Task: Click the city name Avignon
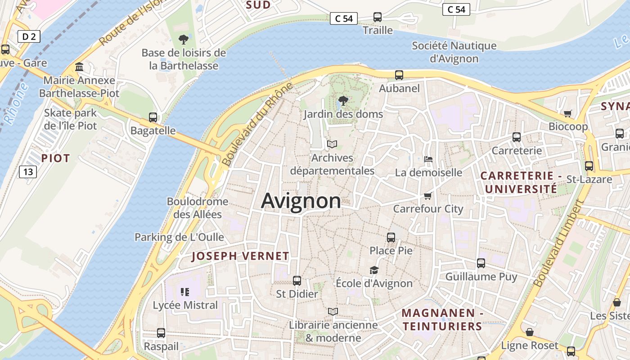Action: [301, 201]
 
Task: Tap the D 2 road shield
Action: [29, 36]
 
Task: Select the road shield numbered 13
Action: [28, 171]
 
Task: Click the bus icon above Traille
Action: [378, 17]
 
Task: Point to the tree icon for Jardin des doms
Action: [343, 101]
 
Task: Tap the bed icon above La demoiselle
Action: [428, 159]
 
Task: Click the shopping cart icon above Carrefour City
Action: [428, 196]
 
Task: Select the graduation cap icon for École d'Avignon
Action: [374, 270]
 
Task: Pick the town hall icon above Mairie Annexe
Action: [79, 67]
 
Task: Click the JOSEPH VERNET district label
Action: [240, 256]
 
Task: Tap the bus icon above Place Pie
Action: [391, 237]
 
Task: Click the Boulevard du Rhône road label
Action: [257, 123]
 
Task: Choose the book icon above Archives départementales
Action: [332, 144]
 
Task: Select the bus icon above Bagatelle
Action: [153, 117]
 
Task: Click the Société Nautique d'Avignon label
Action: [454, 52]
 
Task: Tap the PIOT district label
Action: [55, 158]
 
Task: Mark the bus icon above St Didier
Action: [297, 281]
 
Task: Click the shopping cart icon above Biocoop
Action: [568, 113]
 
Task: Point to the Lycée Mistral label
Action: [185, 305]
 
